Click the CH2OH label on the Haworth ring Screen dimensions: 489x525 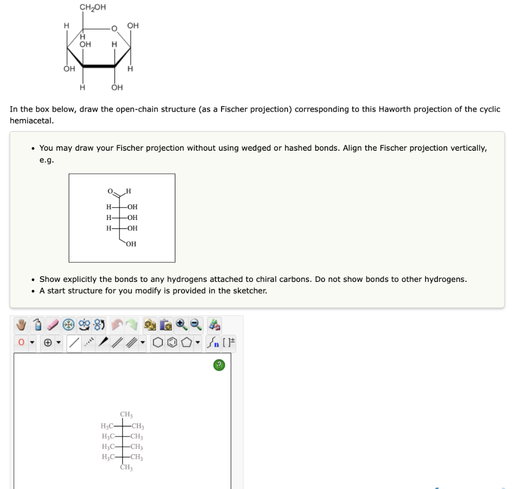pyautogui.click(x=93, y=7)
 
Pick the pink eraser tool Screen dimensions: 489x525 pyautogui.click(x=52, y=324)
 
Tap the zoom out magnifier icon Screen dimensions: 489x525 pyautogui.click(x=194, y=324)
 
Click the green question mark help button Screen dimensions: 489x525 pyautogui.click(x=219, y=365)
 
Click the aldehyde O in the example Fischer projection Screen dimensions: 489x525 pyautogui.click(x=110, y=192)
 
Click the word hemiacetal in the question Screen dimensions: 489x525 pyautogui.click(x=31, y=121)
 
